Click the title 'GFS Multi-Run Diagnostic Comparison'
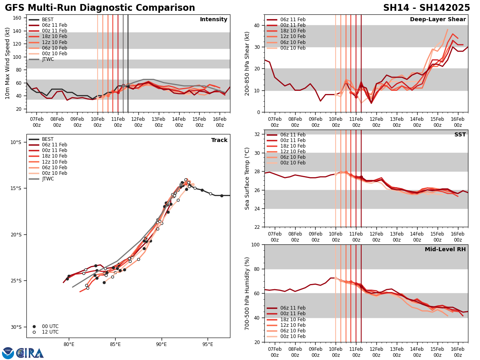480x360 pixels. [x=100, y=8]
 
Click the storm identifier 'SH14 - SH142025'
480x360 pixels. [x=426, y=8]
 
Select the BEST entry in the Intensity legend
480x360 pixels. [x=48, y=20]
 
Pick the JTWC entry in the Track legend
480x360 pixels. [x=48, y=179]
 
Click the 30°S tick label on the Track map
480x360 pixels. [x=16, y=327]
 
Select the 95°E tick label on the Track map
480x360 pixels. [x=208, y=344]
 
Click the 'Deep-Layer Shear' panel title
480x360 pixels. [x=438, y=20]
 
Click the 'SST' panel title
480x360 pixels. [x=460, y=135]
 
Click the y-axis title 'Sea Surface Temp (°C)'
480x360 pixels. [x=247, y=178]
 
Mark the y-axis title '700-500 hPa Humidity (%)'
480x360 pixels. [x=247, y=293]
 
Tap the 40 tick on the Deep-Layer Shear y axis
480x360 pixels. [x=256, y=25]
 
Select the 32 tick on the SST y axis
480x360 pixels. [x=256, y=134]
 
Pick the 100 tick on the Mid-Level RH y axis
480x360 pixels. [x=254, y=244]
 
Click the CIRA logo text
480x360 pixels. [x=30, y=353]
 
